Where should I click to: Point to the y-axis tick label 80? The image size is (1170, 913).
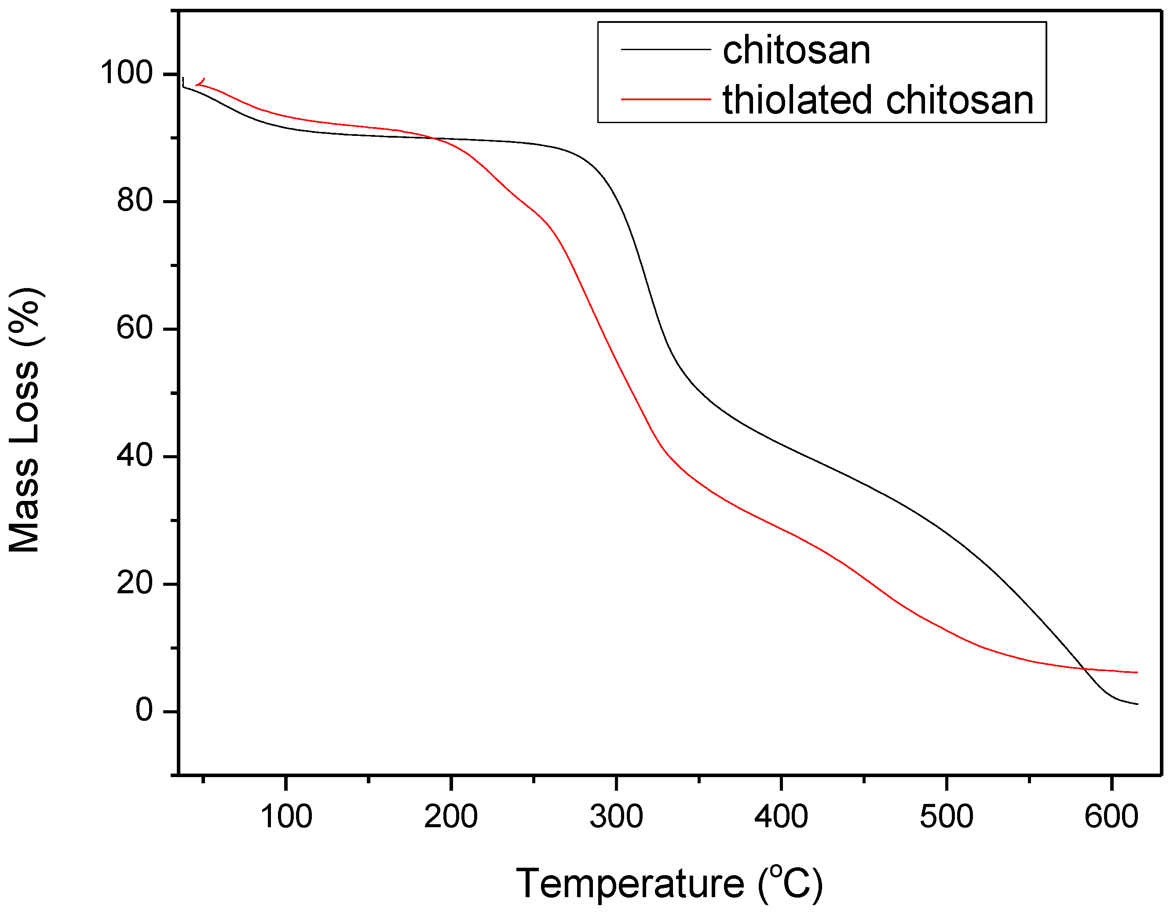tap(135, 201)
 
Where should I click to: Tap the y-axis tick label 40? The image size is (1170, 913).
tap(135, 456)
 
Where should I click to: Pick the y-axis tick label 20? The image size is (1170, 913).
tap(135, 583)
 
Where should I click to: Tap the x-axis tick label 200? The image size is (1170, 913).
tap(451, 817)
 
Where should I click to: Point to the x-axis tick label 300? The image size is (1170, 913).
tap(616, 817)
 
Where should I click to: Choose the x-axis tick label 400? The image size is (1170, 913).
tap(781, 817)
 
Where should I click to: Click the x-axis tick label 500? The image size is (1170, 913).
tap(947, 817)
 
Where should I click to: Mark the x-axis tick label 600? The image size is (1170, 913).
tap(1111, 817)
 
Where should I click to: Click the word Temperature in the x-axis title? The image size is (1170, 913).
tap(630, 884)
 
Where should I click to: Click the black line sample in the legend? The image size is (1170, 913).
tap(665, 50)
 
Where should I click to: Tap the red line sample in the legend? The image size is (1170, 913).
tap(665, 99)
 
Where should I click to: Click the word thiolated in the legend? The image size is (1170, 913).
tap(798, 100)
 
